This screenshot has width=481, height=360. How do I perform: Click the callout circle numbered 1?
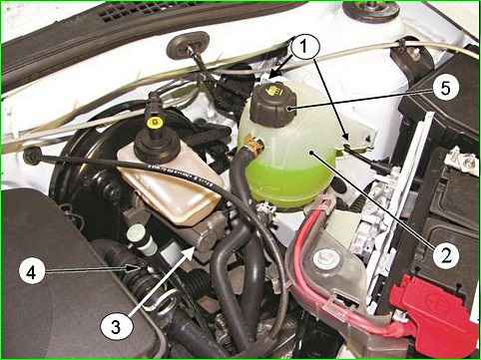[304, 48]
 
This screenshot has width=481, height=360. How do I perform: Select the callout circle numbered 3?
[116, 326]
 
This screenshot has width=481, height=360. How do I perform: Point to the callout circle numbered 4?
[32, 273]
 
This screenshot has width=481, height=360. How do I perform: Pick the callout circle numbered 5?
[446, 88]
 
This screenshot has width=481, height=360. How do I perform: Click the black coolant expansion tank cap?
[272, 105]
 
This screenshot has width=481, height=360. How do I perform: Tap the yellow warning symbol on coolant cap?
[273, 91]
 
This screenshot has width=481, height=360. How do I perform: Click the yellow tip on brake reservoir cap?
[154, 124]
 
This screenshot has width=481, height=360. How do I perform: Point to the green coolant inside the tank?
[288, 180]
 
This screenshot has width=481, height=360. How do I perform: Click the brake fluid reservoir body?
[170, 186]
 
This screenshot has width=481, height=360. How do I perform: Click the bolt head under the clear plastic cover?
[323, 257]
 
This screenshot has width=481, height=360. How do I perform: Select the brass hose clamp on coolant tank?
[254, 144]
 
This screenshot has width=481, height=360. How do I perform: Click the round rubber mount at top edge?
[371, 11]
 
